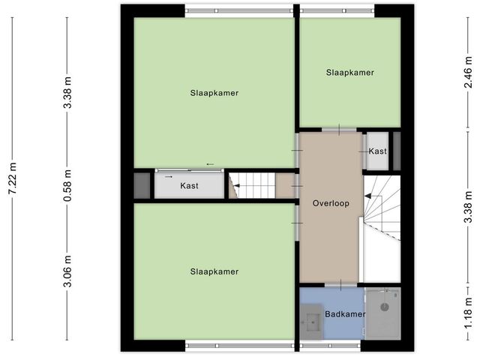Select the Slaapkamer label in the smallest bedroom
(349, 73)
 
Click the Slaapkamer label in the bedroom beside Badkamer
(214, 271)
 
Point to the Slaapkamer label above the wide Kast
(214, 93)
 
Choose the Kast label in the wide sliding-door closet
(189, 185)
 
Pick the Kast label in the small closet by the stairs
(377, 151)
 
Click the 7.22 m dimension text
(13, 180)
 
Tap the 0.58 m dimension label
(67, 185)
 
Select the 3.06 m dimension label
(67, 272)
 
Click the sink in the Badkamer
(311, 325)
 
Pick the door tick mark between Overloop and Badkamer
(339, 283)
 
